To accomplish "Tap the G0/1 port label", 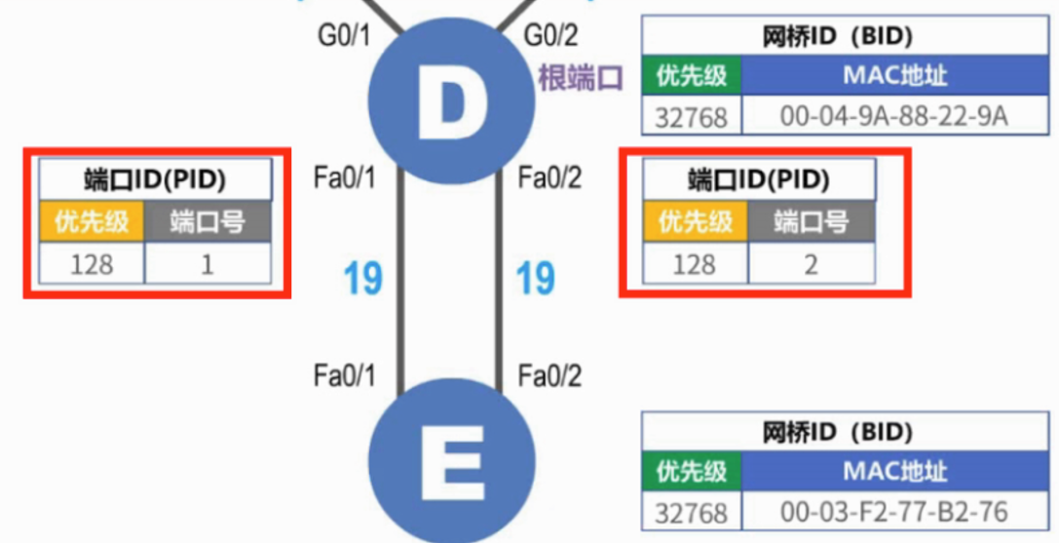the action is point(345,36).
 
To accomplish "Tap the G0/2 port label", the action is point(551,36).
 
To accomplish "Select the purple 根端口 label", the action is point(580,78).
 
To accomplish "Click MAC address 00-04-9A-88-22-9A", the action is point(893,116).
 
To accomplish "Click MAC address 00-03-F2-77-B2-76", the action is point(893,512).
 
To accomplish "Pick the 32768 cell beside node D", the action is point(692,116).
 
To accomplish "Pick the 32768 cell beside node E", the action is point(692,512).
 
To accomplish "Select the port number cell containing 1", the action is point(208,263).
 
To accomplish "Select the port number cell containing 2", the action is point(812,263).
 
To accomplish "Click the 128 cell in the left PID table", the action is point(92,263).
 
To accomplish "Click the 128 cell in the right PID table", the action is point(696,263).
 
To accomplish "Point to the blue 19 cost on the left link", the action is point(362,279).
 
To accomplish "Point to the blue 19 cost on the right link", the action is point(536,279).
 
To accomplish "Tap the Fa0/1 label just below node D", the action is point(345,179).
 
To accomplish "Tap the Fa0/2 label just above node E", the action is point(549,375).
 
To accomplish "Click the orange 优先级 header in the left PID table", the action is point(92,222).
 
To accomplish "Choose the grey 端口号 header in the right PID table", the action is point(812,222).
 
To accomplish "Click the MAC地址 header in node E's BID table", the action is point(893,472).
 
